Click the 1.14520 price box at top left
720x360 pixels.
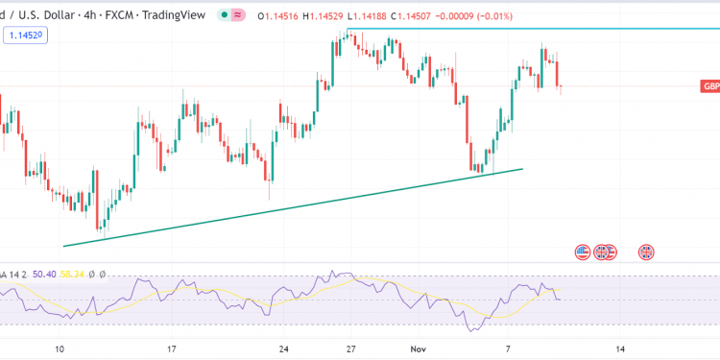coord(27,35)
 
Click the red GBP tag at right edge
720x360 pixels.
coord(710,86)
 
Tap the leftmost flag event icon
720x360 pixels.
coord(582,252)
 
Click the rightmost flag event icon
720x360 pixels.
coord(646,252)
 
